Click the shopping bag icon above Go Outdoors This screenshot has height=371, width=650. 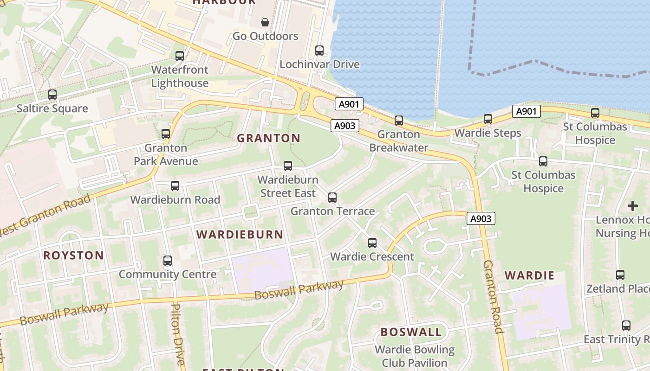pos(265,22)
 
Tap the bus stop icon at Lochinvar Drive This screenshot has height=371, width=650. pos(319,51)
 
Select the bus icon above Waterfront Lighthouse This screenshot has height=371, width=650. pos(180,56)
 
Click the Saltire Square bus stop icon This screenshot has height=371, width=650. pos(52,95)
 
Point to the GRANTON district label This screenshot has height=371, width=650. pos(269,138)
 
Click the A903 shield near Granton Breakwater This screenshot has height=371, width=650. pos(345,126)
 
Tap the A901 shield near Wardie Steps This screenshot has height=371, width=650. pos(526,111)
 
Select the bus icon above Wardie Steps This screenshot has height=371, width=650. pos(488,119)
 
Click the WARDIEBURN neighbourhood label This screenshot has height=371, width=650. pos(240,235)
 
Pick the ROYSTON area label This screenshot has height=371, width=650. pos(73,256)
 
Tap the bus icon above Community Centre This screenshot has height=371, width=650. pos(168,261)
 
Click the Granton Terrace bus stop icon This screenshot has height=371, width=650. pos(332,198)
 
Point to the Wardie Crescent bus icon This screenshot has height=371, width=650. pos(372,243)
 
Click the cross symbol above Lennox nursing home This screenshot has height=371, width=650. pos(632,206)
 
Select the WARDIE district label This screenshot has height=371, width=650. pos(529,275)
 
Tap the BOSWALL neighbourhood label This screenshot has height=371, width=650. pos(411,332)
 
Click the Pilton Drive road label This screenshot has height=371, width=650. pos(178,334)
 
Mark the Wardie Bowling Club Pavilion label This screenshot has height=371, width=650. pos(414,356)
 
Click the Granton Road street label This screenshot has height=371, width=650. pos(493,297)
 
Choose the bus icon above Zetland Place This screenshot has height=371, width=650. pos(620,275)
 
